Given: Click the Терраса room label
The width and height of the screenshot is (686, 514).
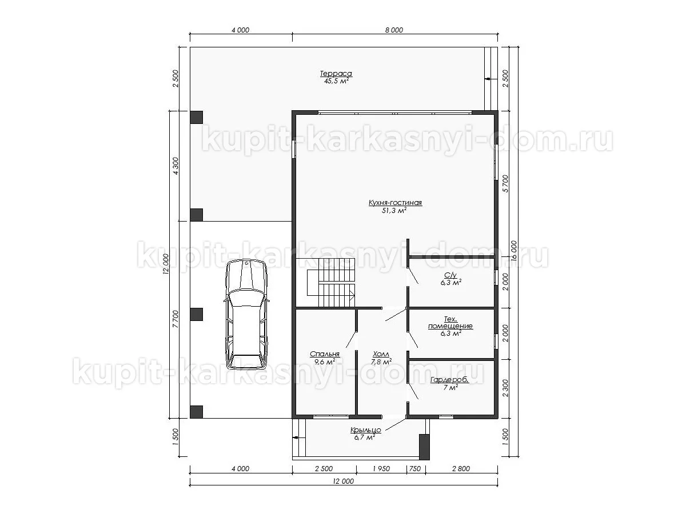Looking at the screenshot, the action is click(336, 74).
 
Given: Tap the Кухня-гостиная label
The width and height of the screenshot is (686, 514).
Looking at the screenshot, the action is click(395, 203).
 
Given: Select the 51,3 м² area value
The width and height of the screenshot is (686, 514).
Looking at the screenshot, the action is click(394, 211).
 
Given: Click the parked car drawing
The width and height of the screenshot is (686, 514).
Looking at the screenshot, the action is click(246, 315).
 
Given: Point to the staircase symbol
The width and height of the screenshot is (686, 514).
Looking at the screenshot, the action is click(331, 283).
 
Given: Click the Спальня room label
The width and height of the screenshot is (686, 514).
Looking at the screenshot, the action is click(324, 354).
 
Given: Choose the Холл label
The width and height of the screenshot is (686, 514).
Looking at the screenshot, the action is click(381, 354).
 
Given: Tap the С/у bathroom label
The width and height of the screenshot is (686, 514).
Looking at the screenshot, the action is click(450, 275).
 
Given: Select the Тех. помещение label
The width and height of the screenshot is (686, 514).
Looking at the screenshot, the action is click(450, 323).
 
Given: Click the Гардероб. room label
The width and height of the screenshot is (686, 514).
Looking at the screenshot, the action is click(449, 380).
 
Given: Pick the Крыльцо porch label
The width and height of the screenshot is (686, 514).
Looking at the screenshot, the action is click(365, 430).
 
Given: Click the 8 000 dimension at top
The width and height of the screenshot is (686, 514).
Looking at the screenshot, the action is click(394, 30).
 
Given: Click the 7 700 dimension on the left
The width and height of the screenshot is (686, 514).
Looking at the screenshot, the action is click(176, 319).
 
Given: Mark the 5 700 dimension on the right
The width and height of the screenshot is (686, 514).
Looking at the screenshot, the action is click(505, 183).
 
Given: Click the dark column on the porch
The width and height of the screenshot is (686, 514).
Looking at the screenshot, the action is click(424, 447).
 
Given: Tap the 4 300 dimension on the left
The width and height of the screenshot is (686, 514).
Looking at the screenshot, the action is click(176, 166).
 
